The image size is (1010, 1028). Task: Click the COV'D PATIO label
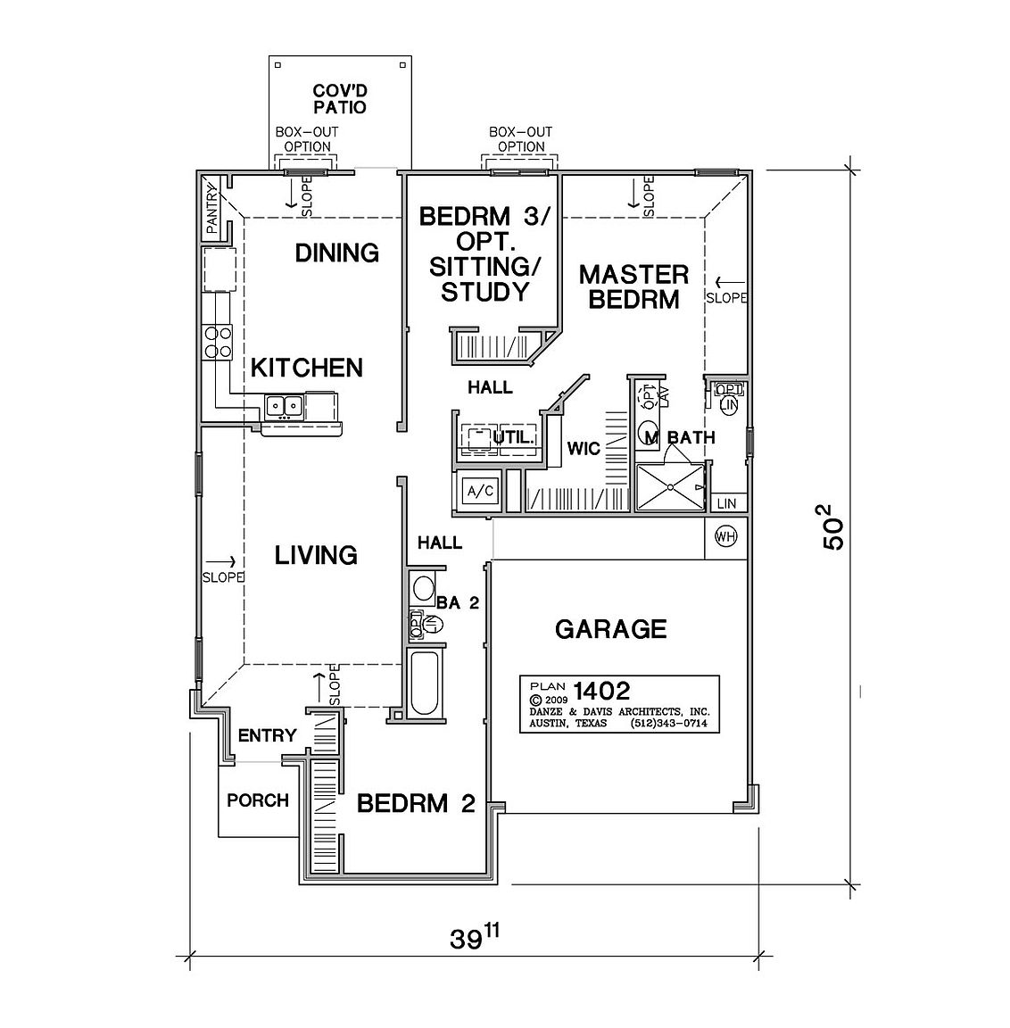(340, 99)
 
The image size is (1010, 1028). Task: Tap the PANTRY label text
(212, 210)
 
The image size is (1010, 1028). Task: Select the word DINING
(337, 253)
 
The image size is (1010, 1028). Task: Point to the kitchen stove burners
(219, 342)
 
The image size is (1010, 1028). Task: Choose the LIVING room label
(316, 555)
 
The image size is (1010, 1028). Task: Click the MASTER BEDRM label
(634, 286)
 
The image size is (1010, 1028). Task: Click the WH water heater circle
(724, 537)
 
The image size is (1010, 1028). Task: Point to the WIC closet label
(584, 449)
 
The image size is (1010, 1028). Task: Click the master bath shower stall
(669, 486)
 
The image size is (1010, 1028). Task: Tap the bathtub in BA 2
(425, 683)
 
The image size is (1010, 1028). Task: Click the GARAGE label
(610, 629)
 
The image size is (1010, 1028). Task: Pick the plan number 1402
(602, 690)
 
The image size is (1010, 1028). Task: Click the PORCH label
(258, 800)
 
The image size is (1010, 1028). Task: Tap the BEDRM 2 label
(415, 803)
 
